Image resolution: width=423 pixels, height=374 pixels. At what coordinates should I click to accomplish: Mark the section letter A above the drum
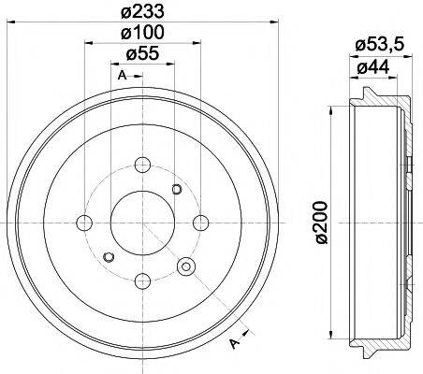click(x=122, y=75)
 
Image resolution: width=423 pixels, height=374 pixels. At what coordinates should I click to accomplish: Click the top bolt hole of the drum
click(x=142, y=165)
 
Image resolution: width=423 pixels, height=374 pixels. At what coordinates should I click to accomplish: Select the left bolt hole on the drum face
click(x=84, y=223)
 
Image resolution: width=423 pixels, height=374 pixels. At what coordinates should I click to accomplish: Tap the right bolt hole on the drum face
click(x=200, y=223)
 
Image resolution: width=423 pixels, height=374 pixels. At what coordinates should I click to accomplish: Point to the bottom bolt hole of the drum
click(x=142, y=280)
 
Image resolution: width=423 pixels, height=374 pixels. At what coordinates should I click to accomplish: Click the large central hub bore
click(x=142, y=223)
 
